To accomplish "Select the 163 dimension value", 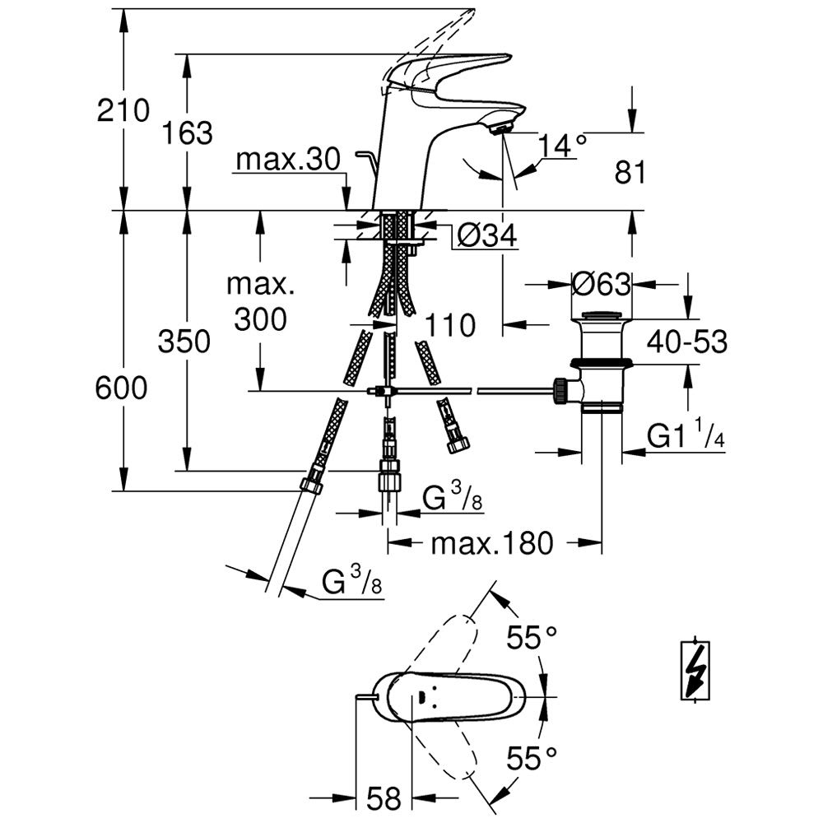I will pos(188,132).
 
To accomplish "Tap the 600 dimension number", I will pos(121,387).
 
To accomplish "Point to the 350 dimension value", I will pos(185,341).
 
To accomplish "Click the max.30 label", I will pos(287,160).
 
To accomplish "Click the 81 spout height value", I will pos(630,172).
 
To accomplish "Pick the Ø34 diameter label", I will pos(486,237).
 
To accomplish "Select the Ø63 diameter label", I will pos(602,285).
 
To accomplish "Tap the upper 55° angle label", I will pos(532,637).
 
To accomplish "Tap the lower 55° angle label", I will pos(532,756).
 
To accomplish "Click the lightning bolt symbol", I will pos(697,670).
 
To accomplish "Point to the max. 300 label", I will pos(260,302).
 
